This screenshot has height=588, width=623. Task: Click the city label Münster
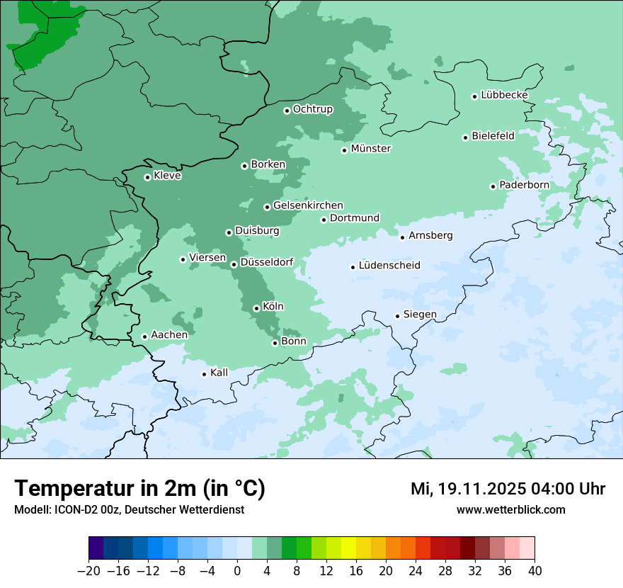coord(371,149)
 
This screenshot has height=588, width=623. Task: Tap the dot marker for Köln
coord(256,308)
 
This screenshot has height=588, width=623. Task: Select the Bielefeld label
coord(493,136)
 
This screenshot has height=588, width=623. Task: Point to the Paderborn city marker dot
coord(493,186)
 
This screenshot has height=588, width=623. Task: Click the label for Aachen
coord(169,335)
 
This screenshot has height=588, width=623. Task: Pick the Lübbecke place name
coord(504,95)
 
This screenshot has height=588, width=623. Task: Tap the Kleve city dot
coord(147,177)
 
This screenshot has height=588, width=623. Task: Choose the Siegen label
coord(420,315)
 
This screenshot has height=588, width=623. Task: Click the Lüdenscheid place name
coord(389,266)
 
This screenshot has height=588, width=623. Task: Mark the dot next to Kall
coord(204,374)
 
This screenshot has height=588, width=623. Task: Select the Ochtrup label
coord(313,109)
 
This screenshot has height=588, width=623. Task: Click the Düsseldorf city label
coord(267,263)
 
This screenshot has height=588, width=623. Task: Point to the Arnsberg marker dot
coord(402,237)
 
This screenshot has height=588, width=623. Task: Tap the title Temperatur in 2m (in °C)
coord(139,488)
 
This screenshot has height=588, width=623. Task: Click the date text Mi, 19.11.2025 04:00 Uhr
coord(508,489)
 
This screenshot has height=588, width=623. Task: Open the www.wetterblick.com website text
coord(510,509)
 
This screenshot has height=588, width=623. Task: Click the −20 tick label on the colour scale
coord(88,571)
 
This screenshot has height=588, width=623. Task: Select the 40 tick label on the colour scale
coord(535,571)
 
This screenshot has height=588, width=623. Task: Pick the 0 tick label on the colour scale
coord(237,571)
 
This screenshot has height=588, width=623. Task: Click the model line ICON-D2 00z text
coord(129,509)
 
